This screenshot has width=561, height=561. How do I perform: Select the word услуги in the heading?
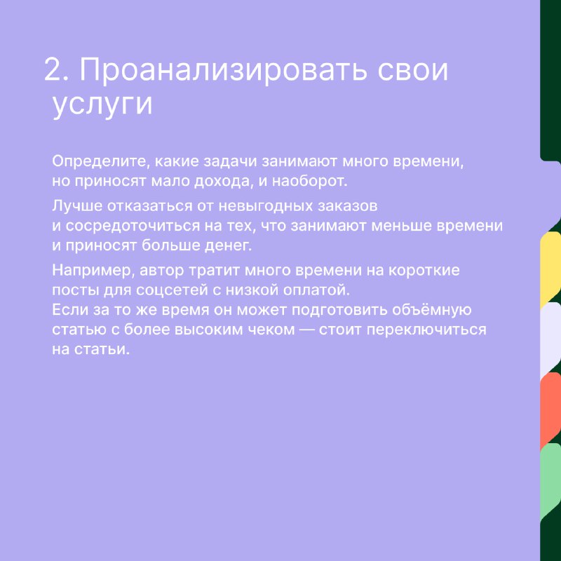102,105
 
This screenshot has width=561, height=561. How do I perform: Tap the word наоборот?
309,182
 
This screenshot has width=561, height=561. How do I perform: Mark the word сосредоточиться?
133,227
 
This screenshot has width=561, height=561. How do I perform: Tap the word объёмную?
431,310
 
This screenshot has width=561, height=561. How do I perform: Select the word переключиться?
426,330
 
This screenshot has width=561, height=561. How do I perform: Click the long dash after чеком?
306,330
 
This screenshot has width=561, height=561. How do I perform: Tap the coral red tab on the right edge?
550,410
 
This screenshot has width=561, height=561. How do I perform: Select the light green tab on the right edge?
550,480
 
